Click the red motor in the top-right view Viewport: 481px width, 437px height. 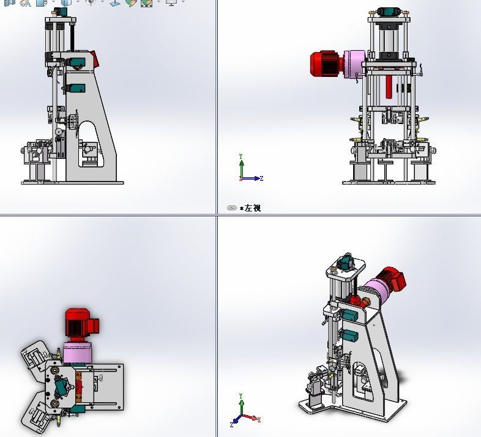click(326, 63)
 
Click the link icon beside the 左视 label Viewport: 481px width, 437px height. click(231, 208)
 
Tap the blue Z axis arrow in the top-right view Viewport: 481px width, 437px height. click(255, 178)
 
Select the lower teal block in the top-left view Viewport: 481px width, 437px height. click(75, 89)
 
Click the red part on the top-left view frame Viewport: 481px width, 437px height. click(95, 59)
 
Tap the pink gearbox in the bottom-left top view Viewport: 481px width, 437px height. click(77, 353)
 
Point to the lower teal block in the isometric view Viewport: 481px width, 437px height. click(350, 336)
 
